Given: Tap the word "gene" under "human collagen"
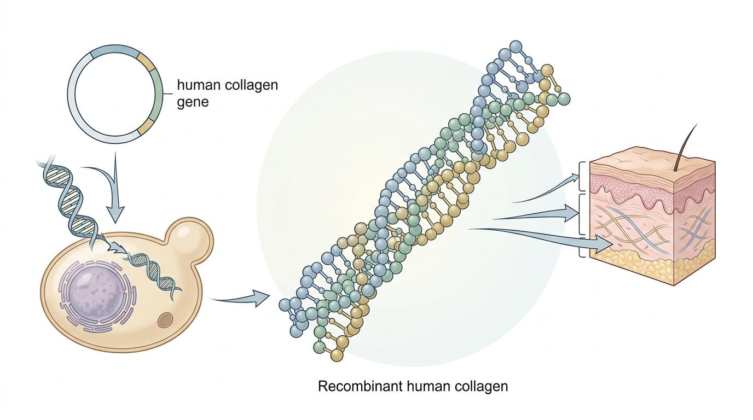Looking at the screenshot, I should [193, 102].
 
